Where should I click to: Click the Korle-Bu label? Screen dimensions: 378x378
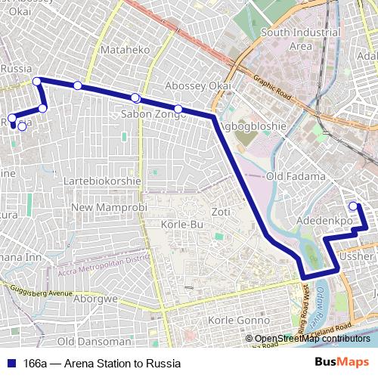point(181,225)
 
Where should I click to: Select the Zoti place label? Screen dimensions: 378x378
point(221,211)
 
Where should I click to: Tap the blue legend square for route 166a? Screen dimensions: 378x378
point(12,363)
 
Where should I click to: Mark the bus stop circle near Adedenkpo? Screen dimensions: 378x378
point(353,206)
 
